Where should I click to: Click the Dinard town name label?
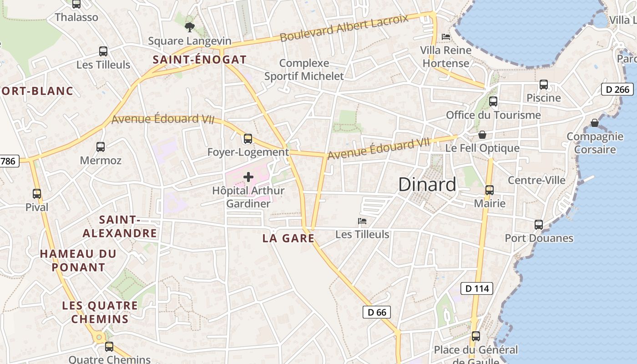coord(427,184)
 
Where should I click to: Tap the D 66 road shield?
coord(377,312)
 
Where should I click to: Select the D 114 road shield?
coord(477,288)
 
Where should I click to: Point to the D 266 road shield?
coord(617,89)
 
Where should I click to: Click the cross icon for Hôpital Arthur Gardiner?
coord(248,177)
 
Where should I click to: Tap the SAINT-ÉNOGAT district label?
coord(199,60)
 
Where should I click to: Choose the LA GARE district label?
coord(288,238)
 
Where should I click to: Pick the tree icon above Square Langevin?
coord(190,27)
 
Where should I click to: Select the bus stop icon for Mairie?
coord(490,190)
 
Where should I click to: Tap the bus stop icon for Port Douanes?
coord(539,225)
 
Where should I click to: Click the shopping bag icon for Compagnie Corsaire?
coord(594,123)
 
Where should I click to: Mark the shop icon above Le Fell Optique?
coord(482,135)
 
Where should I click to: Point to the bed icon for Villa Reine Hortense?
coord(446,36)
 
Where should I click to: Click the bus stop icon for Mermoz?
coord(101,147)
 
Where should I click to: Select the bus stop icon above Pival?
coord(37,194)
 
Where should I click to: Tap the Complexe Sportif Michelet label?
coord(304,70)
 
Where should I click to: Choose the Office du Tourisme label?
coord(493,115)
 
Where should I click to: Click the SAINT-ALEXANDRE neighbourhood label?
coord(120,227)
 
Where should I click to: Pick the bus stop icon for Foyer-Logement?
coord(248,139)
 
